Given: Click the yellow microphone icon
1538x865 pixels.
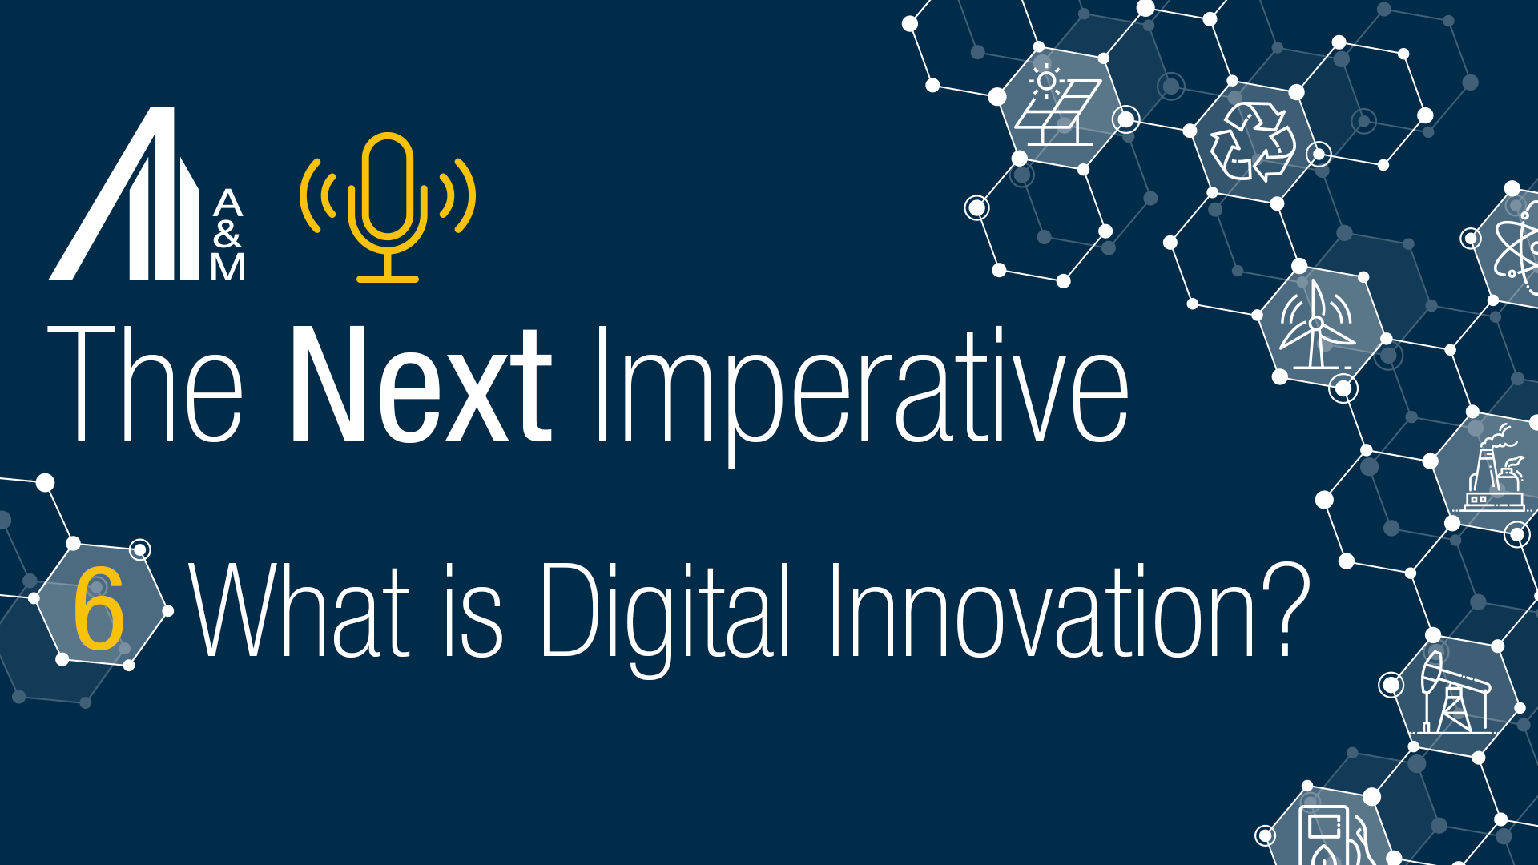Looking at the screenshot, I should pos(388,207).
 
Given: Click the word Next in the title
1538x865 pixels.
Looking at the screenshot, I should pos(421,384).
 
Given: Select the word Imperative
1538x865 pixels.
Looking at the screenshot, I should pos(860,388).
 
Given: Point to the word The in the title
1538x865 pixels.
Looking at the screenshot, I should pos(145,384).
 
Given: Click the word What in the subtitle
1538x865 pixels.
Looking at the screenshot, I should pos(300,610).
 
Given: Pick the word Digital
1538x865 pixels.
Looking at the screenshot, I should pos(666,613).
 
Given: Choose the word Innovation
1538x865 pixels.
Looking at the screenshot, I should pos(1041,610).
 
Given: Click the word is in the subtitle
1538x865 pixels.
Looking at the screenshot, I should pos(473,610).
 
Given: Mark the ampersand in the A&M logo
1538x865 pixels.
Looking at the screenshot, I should pos(227,234).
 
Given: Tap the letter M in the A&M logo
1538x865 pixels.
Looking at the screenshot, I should pos(227,267).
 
